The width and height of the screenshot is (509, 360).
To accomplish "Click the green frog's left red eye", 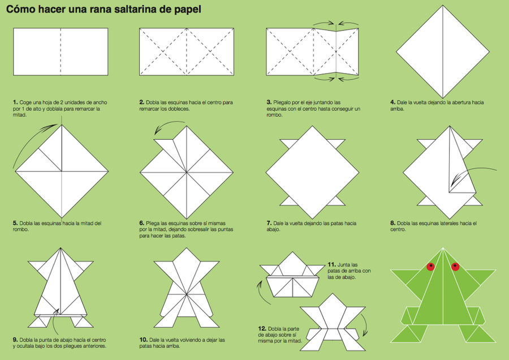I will (x=431, y=265).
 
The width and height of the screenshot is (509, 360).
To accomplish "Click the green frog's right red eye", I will (x=455, y=265).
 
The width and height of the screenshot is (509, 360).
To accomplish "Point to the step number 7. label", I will (x=269, y=223).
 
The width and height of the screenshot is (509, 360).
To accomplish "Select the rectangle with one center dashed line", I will (x=60, y=52).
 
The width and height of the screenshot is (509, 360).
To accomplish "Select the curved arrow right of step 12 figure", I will (x=364, y=326).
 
